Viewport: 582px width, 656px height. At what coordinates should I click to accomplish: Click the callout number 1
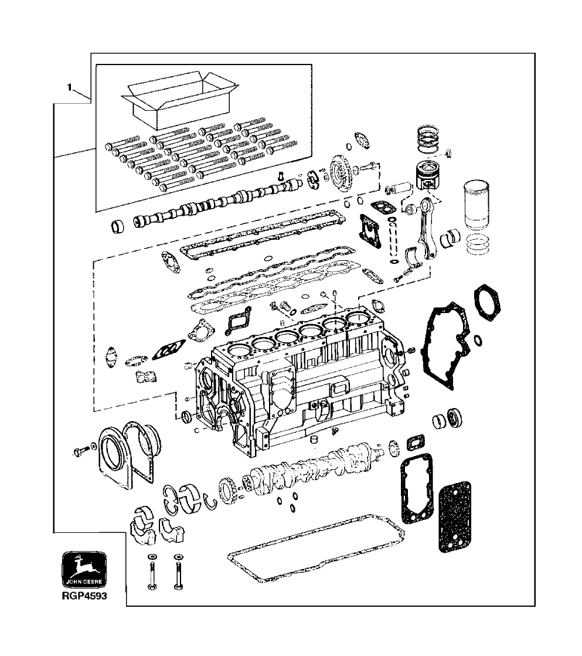69,88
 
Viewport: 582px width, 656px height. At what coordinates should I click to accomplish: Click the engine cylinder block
293,387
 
